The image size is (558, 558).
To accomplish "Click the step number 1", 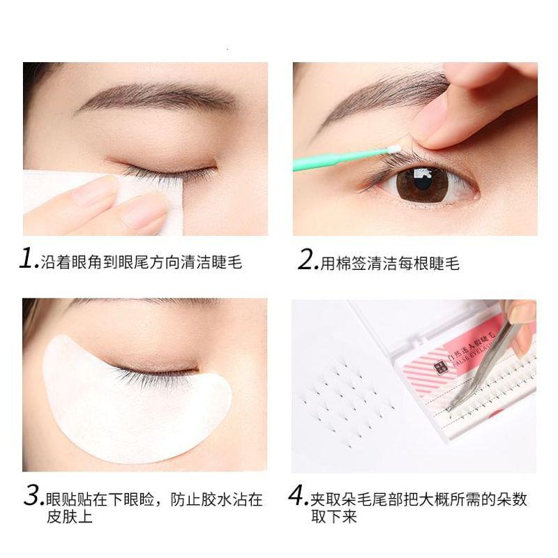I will pos(27,261).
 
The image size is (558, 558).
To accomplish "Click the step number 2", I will pos(306,261).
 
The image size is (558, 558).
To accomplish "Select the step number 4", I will pos(299,497).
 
